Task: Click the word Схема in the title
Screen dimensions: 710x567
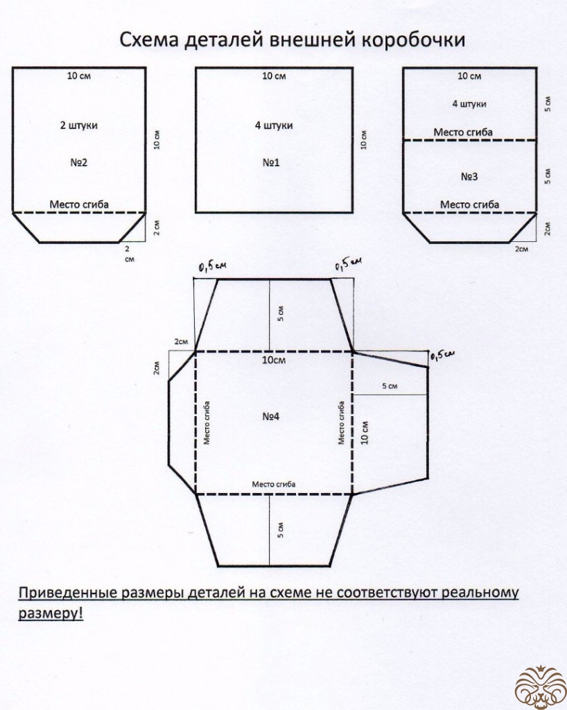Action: coord(150,41)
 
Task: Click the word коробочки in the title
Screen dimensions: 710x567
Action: coord(414,41)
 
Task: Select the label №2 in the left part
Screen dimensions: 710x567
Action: coord(78,164)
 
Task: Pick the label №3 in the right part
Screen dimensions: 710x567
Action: coord(469,177)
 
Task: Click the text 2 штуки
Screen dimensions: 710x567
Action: coord(78,126)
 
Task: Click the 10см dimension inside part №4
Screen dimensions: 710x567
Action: coord(274,361)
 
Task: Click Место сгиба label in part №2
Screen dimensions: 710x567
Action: coord(78,205)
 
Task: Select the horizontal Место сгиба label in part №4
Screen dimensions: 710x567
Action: coord(274,484)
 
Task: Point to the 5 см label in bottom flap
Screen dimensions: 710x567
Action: coord(279,530)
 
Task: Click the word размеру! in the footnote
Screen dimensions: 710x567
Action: coord(51,614)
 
